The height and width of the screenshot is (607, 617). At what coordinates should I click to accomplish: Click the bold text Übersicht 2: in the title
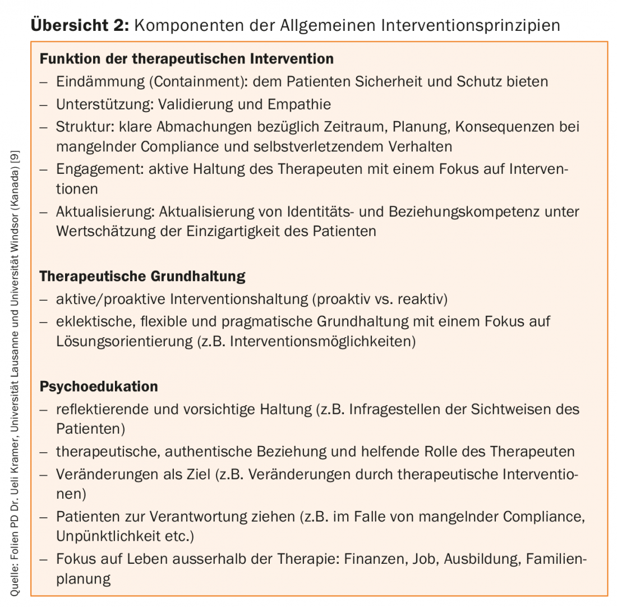coord(80,25)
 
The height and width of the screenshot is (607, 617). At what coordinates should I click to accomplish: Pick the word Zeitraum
coord(353,126)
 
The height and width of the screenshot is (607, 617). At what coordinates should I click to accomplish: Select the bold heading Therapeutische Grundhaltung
coord(142,276)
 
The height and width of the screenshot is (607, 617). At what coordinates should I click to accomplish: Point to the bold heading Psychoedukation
coord(99,387)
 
